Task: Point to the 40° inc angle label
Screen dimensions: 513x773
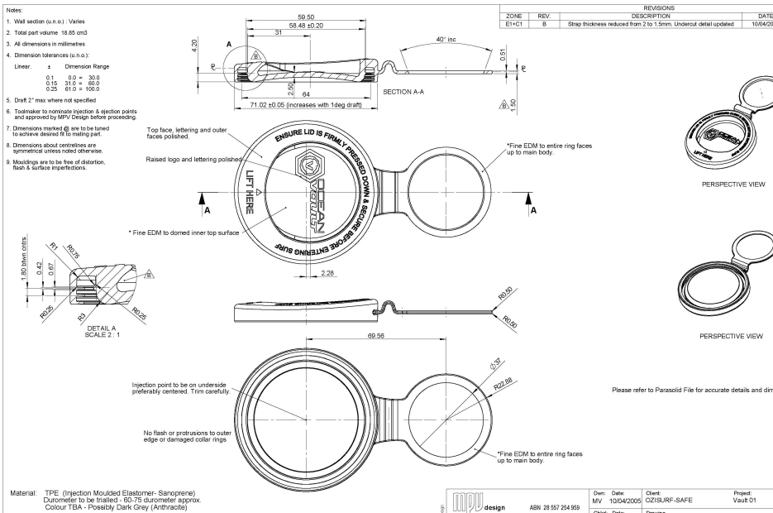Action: (x=466, y=40)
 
